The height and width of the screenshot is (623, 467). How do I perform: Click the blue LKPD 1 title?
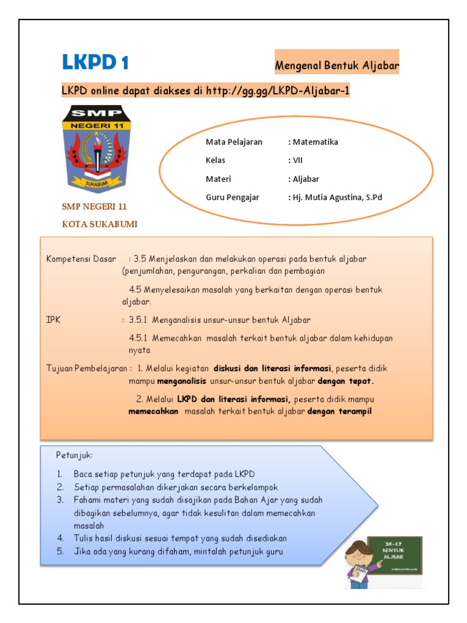click(95, 63)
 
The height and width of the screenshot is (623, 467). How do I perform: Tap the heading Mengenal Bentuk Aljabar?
click(337, 64)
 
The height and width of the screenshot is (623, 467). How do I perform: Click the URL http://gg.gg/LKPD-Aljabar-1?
click(277, 91)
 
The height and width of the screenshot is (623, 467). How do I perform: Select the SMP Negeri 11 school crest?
click(95, 148)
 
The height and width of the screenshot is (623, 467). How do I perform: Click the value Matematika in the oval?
click(315, 142)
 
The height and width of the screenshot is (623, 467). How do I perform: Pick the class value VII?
click(297, 161)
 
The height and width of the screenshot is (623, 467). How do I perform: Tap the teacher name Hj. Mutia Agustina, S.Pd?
click(337, 197)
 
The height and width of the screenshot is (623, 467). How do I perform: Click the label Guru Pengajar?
click(232, 197)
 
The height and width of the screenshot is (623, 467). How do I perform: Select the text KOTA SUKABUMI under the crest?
click(100, 224)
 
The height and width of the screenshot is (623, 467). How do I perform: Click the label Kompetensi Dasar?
click(81, 259)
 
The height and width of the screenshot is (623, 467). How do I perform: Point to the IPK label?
click(53, 319)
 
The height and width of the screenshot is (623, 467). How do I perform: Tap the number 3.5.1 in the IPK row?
click(139, 319)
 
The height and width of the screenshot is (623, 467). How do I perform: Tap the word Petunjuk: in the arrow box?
click(75, 455)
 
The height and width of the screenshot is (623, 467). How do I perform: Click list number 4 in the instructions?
click(61, 538)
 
